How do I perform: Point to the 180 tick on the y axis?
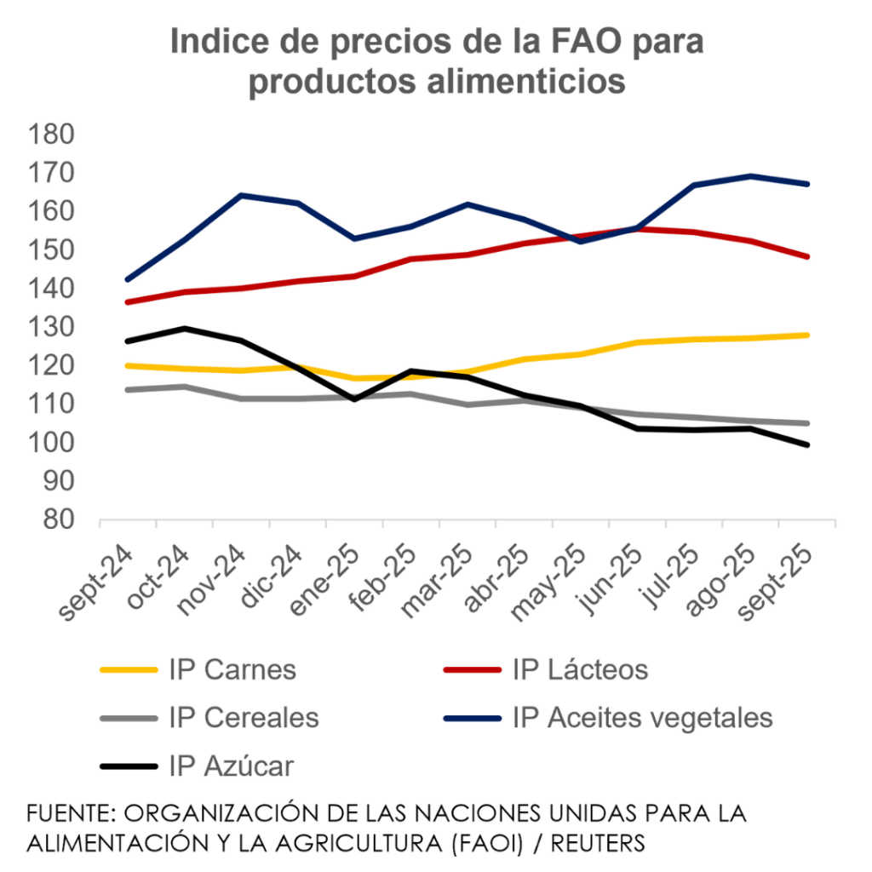pos(53,134)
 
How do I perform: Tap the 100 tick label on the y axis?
pos(53,442)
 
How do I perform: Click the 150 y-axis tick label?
pos(53,250)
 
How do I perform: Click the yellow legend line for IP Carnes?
pos(129,669)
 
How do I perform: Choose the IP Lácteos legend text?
pos(580,669)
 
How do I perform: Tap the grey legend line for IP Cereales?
pos(129,718)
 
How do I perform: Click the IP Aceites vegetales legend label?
pos(643,718)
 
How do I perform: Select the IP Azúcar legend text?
pos(232,766)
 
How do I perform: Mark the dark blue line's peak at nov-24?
pos(242,195)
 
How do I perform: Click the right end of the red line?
pos(806,255)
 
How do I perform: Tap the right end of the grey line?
pos(806,423)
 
